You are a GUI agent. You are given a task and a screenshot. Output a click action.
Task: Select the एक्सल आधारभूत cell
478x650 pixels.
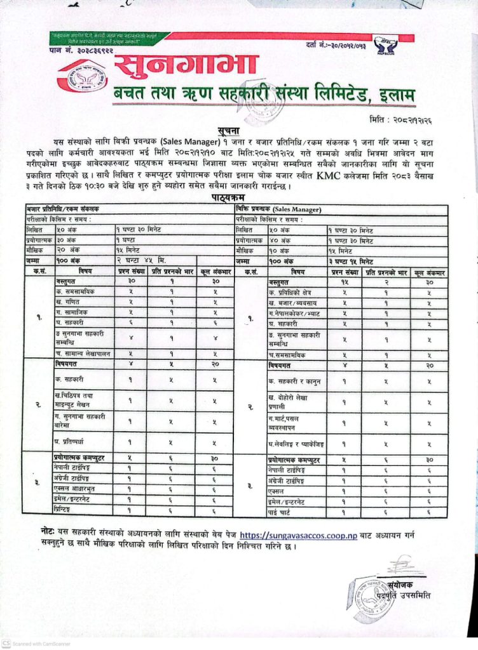pyautogui.click(x=78, y=489)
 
